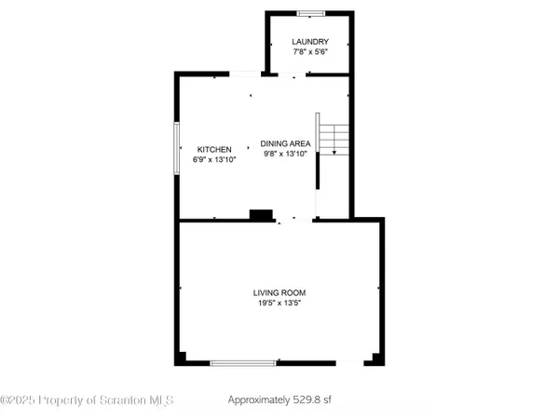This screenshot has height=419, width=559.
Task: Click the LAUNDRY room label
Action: click(x=309, y=42)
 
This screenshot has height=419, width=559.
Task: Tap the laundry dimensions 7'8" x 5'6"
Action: click(x=309, y=53)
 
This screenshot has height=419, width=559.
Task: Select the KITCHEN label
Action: click(x=213, y=149)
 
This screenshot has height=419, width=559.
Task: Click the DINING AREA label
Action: click(x=285, y=143)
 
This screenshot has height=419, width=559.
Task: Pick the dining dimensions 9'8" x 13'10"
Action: click(x=285, y=155)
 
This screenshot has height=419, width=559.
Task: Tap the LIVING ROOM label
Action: click(x=279, y=292)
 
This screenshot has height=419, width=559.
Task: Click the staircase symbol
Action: click(x=333, y=140)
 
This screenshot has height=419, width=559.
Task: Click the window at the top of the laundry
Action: click(x=310, y=13)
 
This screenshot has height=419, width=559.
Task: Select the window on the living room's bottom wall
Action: click(x=243, y=362)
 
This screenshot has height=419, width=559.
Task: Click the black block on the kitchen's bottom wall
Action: click(x=261, y=215)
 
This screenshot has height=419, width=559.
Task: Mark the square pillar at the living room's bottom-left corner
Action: click(x=183, y=358)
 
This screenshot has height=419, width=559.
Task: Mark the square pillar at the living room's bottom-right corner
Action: click(x=376, y=358)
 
